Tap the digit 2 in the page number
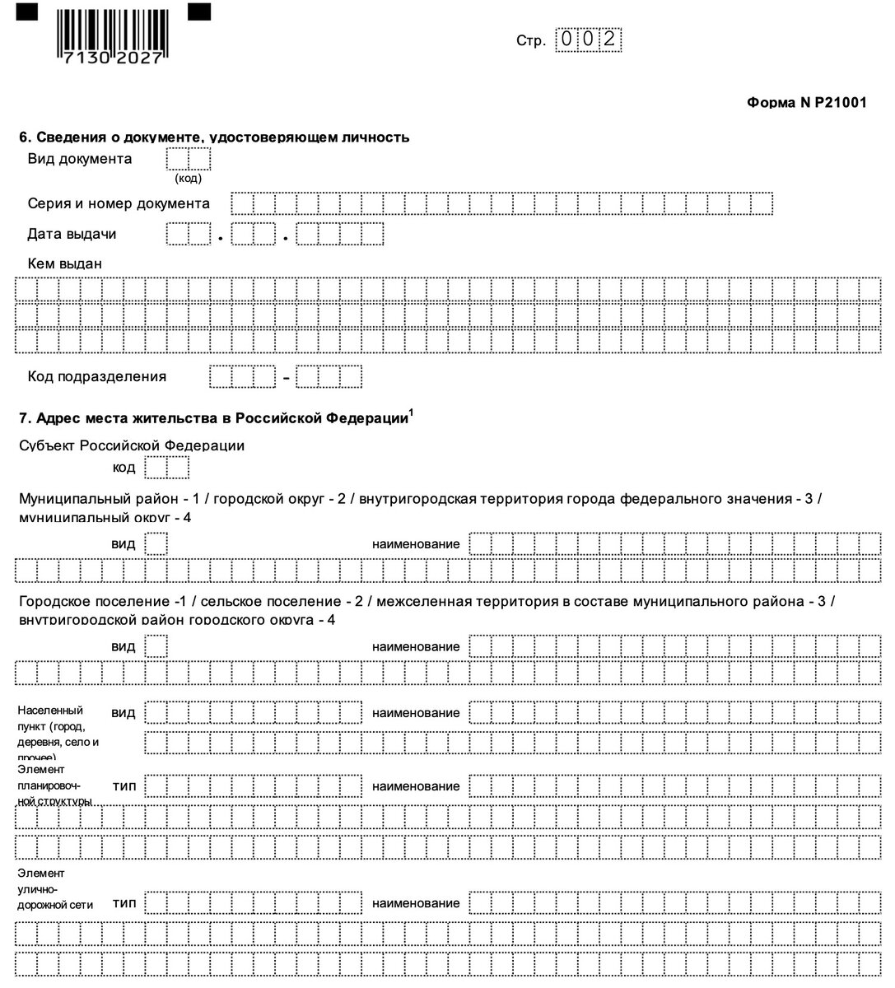611,40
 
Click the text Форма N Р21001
806,103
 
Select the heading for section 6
214,137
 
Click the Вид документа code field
189,159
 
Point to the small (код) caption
188,178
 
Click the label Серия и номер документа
119,203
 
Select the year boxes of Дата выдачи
340,235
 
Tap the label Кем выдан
65,264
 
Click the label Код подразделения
97,376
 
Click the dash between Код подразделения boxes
287,378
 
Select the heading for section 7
214,418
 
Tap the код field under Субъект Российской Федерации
166,468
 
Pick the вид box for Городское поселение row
156,646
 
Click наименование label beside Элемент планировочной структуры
416,786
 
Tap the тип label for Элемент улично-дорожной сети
124,903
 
